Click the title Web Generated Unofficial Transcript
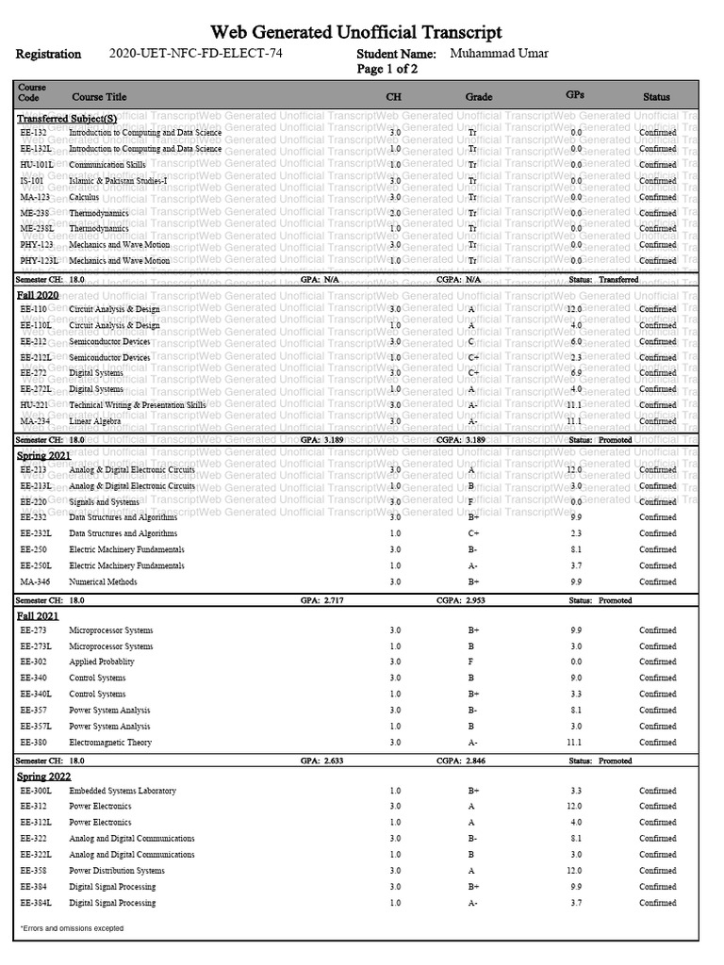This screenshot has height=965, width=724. click(x=361, y=33)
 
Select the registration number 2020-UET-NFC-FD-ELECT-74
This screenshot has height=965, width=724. click(x=195, y=54)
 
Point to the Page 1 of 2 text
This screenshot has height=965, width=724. click(x=387, y=70)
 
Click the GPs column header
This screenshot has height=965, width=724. click(x=575, y=95)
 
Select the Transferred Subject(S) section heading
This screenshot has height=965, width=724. click(x=67, y=119)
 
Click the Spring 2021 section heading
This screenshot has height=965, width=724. click(x=43, y=454)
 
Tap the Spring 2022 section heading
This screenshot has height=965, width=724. click(x=43, y=776)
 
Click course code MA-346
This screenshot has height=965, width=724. click(x=35, y=581)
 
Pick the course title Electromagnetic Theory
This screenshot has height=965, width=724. click(x=110, y=743)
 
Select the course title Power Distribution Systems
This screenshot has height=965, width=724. click(x=117, y=871)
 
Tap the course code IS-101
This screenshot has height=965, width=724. click(x=32, y=181)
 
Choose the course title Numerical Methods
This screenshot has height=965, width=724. click(x=103, y=581)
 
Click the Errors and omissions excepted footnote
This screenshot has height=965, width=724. click(x=72, y=928)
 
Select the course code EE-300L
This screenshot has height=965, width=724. click(x=36, y=791)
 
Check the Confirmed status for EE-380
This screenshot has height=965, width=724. click(x=657, y=743)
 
